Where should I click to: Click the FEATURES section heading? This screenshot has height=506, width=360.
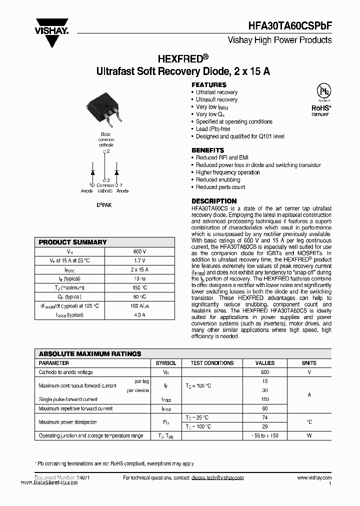[x=208, y=85]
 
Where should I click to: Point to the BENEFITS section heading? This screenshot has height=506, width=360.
[x=207, y=150]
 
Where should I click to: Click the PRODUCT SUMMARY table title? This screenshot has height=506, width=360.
[x=73, y=242]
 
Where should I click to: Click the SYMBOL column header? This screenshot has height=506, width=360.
[x=165, y=363]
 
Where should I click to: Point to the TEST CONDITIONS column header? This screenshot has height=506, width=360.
[x=212, y=363]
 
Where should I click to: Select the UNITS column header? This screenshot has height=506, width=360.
[x=309, y=363]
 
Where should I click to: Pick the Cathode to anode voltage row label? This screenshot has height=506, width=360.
[x=65, y=372]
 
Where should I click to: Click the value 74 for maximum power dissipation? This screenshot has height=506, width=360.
[x=264, y=417]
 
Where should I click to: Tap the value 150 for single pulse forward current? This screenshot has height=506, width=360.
[x=264, y=399]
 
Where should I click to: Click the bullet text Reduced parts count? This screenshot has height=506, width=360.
[x=220, y=187]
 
